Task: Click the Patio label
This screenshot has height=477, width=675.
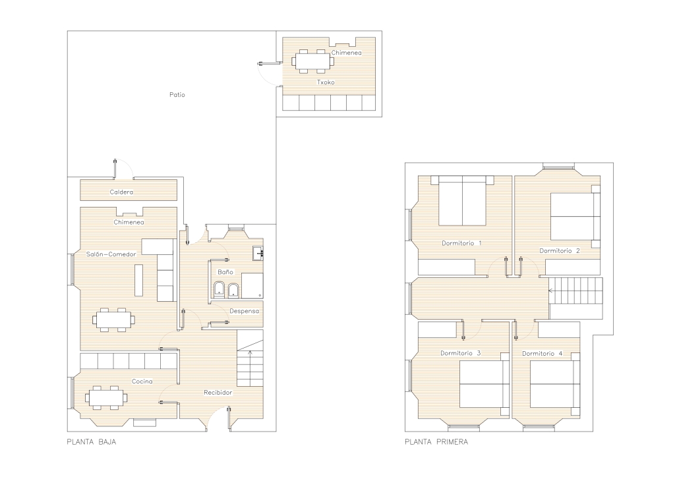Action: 177,95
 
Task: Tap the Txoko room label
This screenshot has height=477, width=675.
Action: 326,82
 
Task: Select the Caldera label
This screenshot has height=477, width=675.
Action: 121,192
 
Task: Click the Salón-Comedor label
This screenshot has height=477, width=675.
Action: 111,254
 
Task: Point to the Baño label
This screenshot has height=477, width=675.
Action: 225,272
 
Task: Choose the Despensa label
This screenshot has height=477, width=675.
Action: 244,311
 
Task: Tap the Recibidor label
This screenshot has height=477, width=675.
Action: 218,392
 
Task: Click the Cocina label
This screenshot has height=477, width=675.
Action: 142,381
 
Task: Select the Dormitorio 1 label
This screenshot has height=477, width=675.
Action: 461,243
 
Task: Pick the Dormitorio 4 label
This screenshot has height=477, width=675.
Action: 542,354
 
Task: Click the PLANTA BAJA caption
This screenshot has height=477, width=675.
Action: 91,441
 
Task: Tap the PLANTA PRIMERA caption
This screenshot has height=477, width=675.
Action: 436,441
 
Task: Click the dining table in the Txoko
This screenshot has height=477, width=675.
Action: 313,61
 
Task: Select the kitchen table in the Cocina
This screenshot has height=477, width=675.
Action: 107,398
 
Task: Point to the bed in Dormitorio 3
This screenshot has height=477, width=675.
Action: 484,383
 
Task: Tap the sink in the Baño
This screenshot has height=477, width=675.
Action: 258,254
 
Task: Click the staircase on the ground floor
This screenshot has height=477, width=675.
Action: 250,358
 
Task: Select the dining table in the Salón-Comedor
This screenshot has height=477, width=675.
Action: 113,320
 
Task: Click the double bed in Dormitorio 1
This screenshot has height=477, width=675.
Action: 462,200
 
